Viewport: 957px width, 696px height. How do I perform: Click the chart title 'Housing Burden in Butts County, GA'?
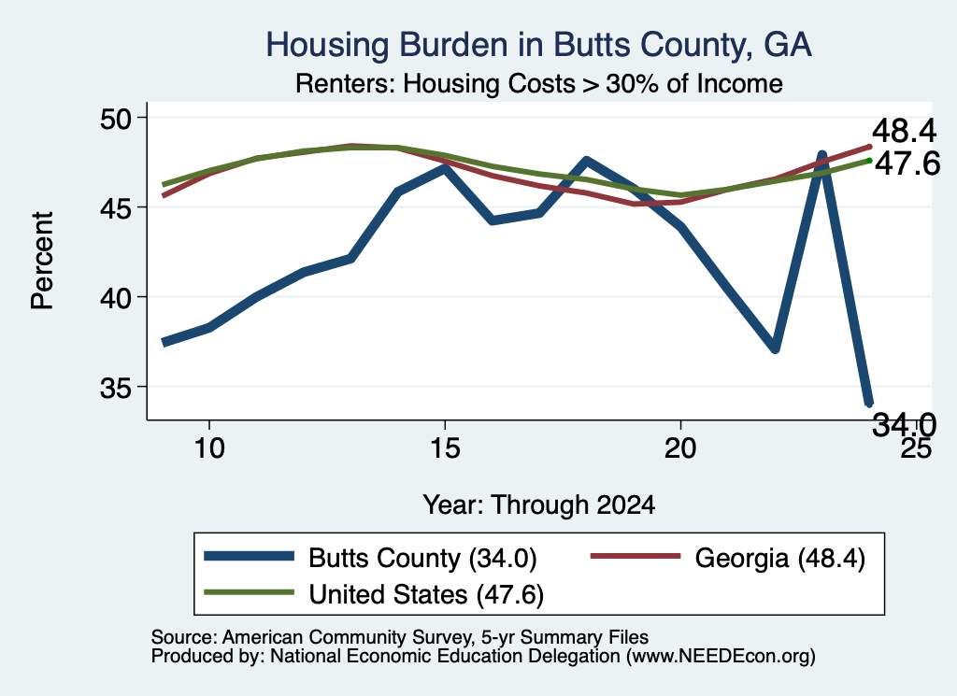[x=538, y=45]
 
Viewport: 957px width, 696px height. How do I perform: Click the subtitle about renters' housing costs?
[x=539, y=83]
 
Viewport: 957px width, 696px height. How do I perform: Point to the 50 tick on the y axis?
[x=116, y=119]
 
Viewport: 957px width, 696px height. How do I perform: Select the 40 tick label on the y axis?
[x=116, y=298]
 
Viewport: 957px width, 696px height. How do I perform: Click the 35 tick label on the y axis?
[x=116, y=388]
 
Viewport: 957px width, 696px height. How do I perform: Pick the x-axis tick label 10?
[x=209, y=448]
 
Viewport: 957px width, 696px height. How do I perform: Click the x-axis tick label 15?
[x=445, y=448]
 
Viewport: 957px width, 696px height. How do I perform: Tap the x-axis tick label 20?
[x=680, y=448]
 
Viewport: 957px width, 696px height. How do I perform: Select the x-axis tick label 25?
[x=916, y=448]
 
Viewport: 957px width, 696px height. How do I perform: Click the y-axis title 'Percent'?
[x=43, y=261]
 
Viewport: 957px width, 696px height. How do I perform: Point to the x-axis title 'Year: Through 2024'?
[x=539, y=505]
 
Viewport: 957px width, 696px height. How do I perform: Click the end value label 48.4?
[x=904, y=131]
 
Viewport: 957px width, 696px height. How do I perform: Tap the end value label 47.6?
[x=907, y=163]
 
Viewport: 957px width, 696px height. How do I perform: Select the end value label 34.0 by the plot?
[x=904, y=424]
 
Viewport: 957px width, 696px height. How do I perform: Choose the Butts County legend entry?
[x=370, y=558]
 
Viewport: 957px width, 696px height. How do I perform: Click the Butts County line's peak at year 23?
[x=822, y=155]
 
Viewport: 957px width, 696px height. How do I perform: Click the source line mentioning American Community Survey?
[x=400, y=637]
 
